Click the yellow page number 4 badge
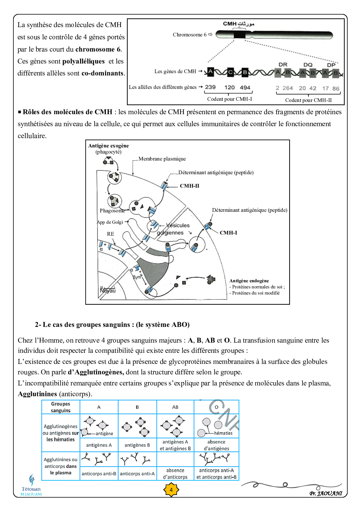click(x=171, y=490)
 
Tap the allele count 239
click(x=210, y=87)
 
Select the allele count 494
click(x=245, y=87)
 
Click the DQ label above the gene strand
click(x=308, y=65)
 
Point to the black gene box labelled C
click(x=231, y=72)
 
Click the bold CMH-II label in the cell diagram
click(x=190, y=186)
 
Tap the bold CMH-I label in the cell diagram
click(x=228, y=233)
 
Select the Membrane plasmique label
click(x=162, y=159)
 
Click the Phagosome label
click(x=112, y=211)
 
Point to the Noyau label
click(x=108, y=290)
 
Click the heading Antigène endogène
click(x=249, y=281)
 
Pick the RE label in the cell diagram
click(x=110, y=234)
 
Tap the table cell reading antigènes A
click(x=99, y=445)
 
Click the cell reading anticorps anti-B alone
click(x=99, y=474)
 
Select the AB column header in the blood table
click(x=175, y=407)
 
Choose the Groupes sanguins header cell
click(x=61, y=407)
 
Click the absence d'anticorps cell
click(x=175, y=473)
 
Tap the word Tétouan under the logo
click(x=31, y=489)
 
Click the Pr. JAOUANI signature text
click(x=326, y=494)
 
